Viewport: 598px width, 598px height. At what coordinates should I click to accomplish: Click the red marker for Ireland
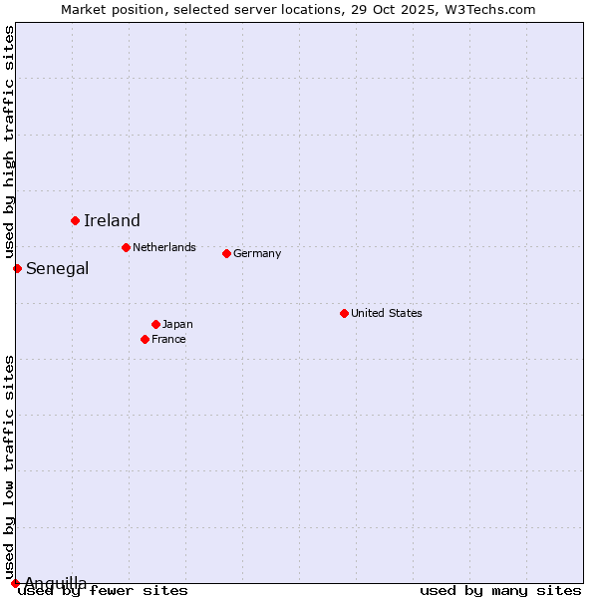tap(75, 220)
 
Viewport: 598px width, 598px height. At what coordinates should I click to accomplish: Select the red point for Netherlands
tap(126, 247)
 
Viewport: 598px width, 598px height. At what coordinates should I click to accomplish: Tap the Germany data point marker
tap(226, 253)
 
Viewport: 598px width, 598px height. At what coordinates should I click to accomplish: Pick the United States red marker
tap(344, 313)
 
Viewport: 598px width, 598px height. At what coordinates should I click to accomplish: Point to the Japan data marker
tap(155, 324)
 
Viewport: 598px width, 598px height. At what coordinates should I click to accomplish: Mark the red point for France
tap(145, 339)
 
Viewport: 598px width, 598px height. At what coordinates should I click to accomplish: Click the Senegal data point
tap(17, 268)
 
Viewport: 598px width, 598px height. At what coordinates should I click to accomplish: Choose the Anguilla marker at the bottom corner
tap(15, 583)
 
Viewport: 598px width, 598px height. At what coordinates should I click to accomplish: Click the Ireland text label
tap(112, 221)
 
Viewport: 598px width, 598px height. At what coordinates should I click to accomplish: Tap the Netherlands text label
tap(164, 247)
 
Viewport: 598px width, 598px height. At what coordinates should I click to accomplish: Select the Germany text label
tap(257, 253)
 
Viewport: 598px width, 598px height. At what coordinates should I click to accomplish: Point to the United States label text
tap(387, 313)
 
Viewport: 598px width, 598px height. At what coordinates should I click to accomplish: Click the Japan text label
tap(177, 324)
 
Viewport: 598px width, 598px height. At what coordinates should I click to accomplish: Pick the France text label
tap(168, 339)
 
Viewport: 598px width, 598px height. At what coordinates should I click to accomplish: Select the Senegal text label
tap(57, 269)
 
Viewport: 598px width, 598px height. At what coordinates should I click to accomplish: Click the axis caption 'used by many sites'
tap(500, 591)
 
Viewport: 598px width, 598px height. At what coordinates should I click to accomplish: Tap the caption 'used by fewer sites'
tap(104, 591)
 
